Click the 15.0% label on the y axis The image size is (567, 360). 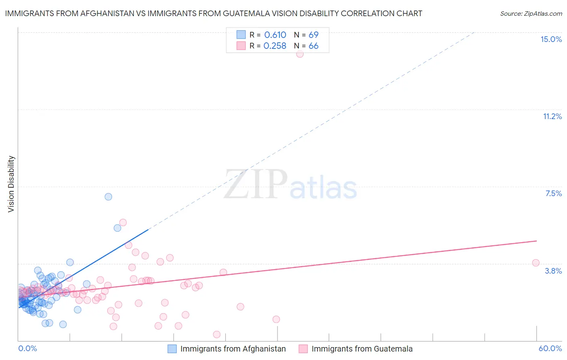tap(551, 40)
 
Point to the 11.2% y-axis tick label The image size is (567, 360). tap(552, 117)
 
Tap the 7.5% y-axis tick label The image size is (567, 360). tap(553, 194)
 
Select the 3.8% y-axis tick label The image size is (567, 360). tap(553, 271)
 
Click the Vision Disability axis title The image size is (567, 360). tap(11, 184)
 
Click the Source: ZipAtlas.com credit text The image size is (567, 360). tap(531, 14)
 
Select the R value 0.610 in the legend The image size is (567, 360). tap(275, 35)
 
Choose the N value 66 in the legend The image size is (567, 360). tap(313, 46)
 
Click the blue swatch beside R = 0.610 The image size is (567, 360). tap(241, 35)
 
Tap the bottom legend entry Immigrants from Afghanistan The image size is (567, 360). tap(233, 349)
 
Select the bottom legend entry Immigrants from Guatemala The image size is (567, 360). tap(362, 349)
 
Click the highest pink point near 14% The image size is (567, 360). tap(300, 54)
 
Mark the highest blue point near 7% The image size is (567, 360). tap(108, 197)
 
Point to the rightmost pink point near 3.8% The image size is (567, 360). tap(536, 263)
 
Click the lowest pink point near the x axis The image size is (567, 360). tap(217, 335)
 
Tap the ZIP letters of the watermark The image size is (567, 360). tap(256, 184)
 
